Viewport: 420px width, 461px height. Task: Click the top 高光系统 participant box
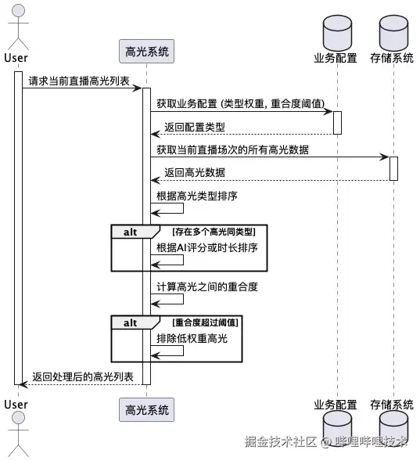pos(145,52)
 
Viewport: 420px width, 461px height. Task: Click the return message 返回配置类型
pos(195,127)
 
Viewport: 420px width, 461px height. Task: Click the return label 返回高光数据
pos(195,172)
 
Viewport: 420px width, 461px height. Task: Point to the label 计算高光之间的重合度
pos(206,287)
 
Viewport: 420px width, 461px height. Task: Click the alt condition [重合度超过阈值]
pos(206,322)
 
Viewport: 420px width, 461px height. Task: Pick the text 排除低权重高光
pos(192,338)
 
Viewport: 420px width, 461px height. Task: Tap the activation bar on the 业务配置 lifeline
pos(337,122)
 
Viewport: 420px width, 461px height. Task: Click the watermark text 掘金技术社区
pos(280,441)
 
